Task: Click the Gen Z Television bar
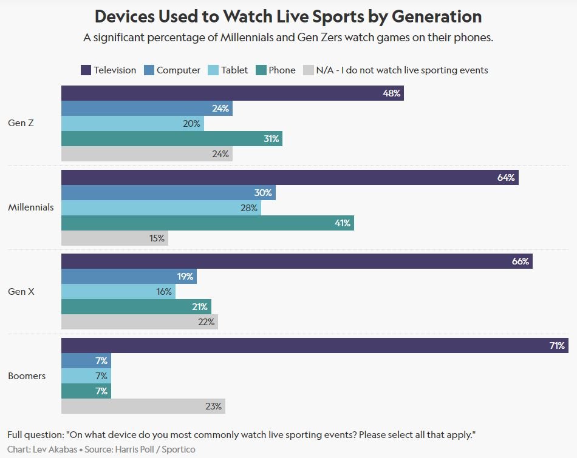click(233, 93)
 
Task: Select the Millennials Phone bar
click(208, 223)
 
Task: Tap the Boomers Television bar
click(315, 346)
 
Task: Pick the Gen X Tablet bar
click(118, 292)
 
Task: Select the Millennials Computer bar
click(168, 193)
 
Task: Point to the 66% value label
click(521, 261)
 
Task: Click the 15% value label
click(157, 238)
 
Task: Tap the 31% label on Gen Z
click(271, 139)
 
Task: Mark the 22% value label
click(207, 322)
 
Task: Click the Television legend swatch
click(86, 70)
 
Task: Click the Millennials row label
click(31, 207)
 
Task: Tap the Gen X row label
click(21, 292)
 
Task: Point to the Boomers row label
click(27, 376)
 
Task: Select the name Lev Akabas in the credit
click(58, 450)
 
